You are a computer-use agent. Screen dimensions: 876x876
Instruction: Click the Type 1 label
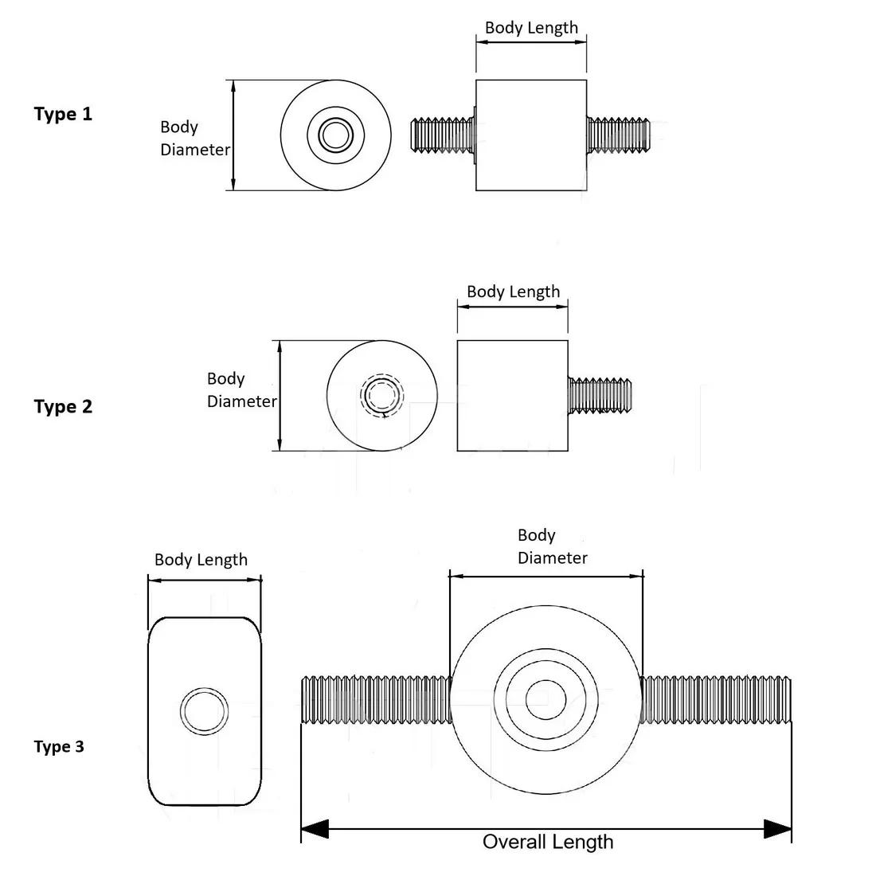63,114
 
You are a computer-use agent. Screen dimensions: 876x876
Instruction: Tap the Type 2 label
63,407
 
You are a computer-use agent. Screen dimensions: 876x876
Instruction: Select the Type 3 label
58,747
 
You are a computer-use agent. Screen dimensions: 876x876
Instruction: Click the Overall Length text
548,842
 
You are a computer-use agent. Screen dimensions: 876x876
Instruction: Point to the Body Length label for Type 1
531,27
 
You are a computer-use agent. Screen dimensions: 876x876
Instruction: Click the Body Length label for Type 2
513,291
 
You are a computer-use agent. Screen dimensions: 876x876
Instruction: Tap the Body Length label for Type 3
201,560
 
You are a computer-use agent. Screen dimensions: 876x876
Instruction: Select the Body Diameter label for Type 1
194,138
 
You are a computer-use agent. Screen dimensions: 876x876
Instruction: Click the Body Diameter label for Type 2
241,389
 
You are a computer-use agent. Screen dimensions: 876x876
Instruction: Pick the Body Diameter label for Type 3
552,546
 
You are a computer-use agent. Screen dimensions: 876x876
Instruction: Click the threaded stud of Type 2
600,396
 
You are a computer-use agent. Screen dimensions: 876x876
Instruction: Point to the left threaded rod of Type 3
374,700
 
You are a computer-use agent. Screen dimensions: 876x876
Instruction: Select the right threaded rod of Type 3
717,700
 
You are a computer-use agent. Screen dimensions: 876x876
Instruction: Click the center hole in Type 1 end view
336,135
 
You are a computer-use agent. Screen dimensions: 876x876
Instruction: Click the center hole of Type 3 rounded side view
204,710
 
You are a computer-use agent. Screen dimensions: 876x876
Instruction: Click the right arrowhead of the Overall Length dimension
778,829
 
